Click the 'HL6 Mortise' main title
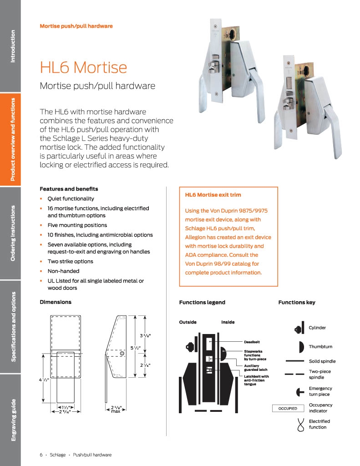83,67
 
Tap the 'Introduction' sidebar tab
12,46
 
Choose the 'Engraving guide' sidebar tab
12,420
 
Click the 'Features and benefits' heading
69,188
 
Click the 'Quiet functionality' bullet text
71,198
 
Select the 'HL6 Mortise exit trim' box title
213,195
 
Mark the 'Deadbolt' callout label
252,341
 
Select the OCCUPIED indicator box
287,408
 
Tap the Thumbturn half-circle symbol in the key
300,347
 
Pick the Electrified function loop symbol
300,424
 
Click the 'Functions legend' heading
202,302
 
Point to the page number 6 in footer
41,455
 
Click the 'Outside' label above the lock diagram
188,322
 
